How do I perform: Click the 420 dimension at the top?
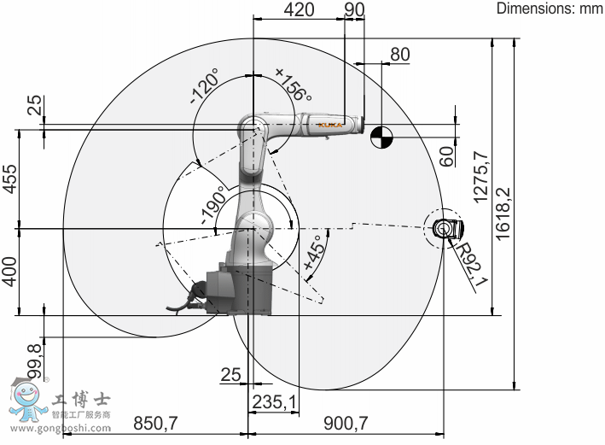point(299,9)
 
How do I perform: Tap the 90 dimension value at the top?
point(354,9)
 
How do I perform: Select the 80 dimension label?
point(399,55)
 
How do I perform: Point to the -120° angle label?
point(205,86)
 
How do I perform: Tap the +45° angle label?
point(315,253)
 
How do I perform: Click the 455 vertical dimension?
point(10,179)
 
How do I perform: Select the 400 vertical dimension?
point(10,272)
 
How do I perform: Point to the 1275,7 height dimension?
point(481,178)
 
